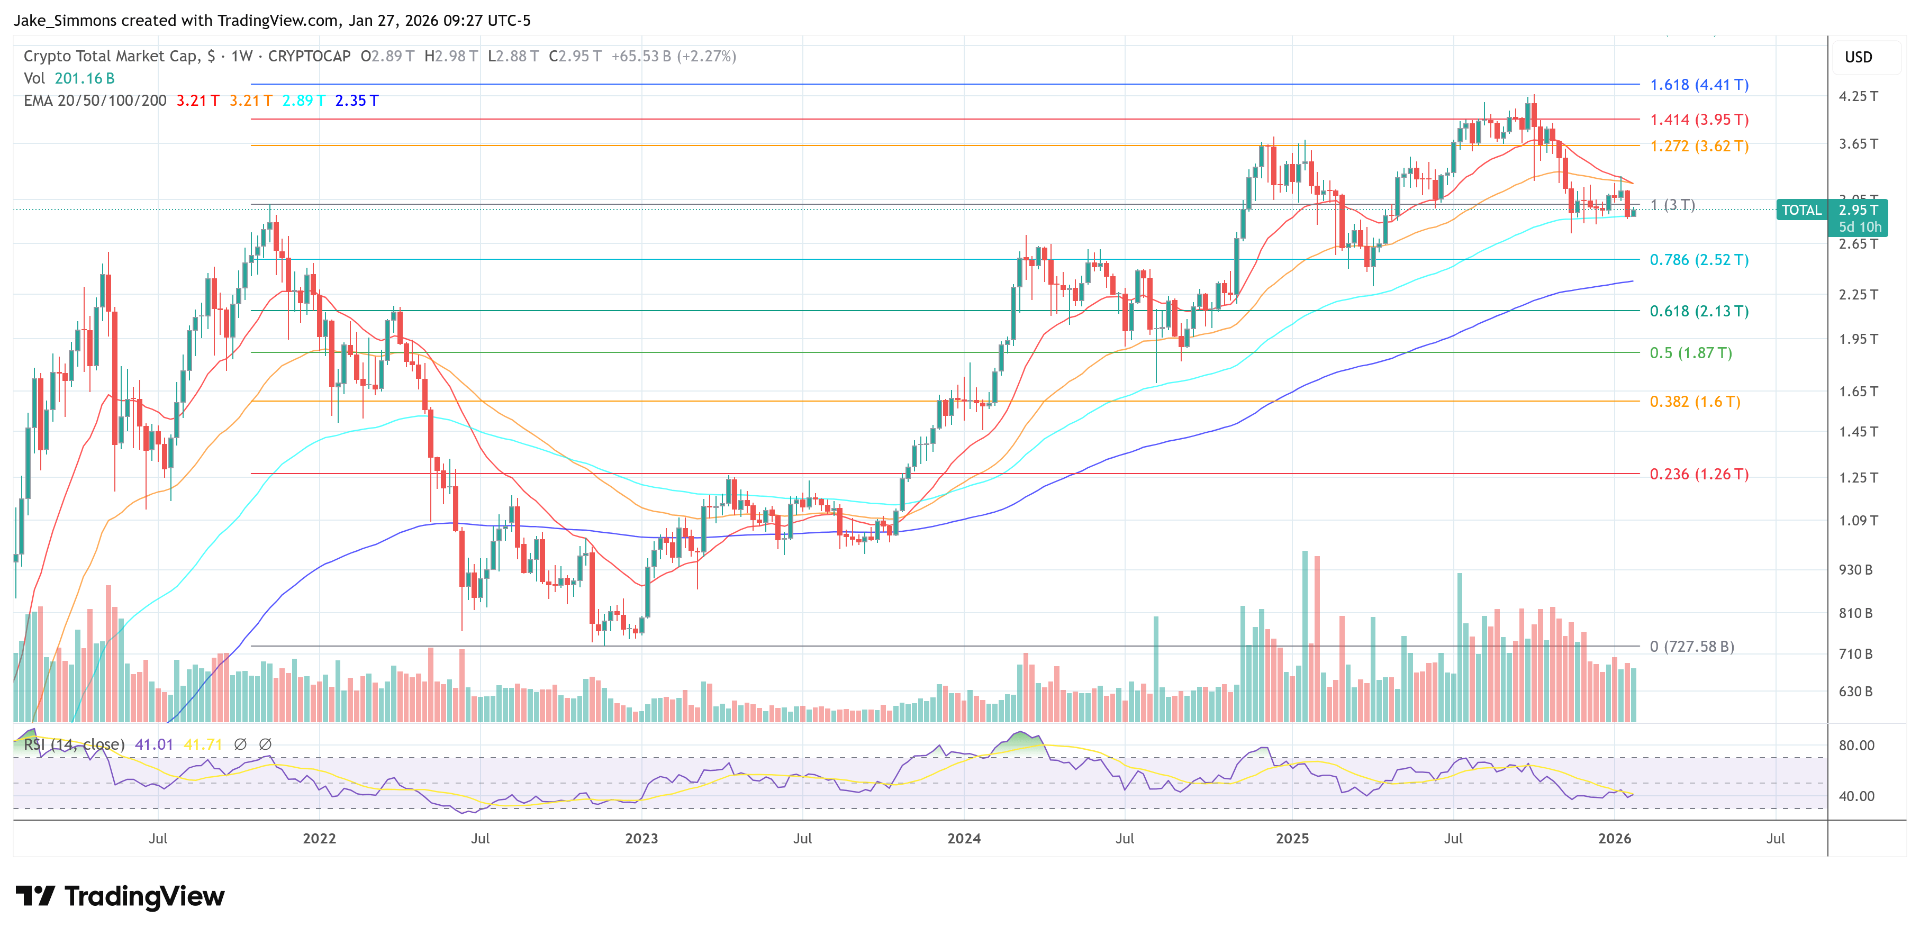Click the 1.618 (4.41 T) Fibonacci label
(x=1699, y=85)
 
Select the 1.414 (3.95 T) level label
(x=1699, y=120)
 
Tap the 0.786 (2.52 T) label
(x=1699, y=260)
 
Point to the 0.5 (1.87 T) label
(x=1690, y=353)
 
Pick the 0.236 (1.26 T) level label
(x=1699, y=475)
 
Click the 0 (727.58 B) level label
(x=1691, y=647)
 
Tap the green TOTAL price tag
(x=1801, y=210)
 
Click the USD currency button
(x=1858, y=57)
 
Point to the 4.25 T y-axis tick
(x=1858, y=96)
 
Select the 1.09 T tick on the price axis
(x=1858, y=521)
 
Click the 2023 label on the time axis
(x=641, y=838)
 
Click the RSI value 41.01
(x=153, y=744)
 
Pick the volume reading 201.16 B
(x=84, y=78)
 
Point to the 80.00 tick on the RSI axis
(x=1856, y=745)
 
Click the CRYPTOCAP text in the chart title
(x=309, y=57)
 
